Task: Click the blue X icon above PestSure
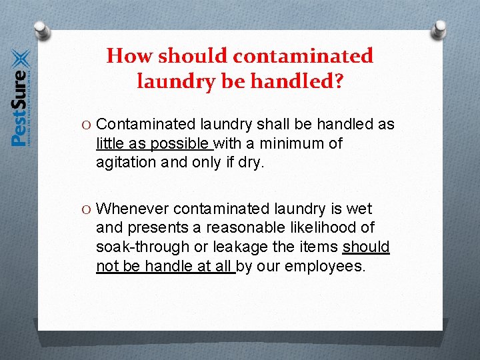coord(21,59)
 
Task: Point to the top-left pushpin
coord(41,30)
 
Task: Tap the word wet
coord(359,209)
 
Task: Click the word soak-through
coord(142,247)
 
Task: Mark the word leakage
coord(239,247)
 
